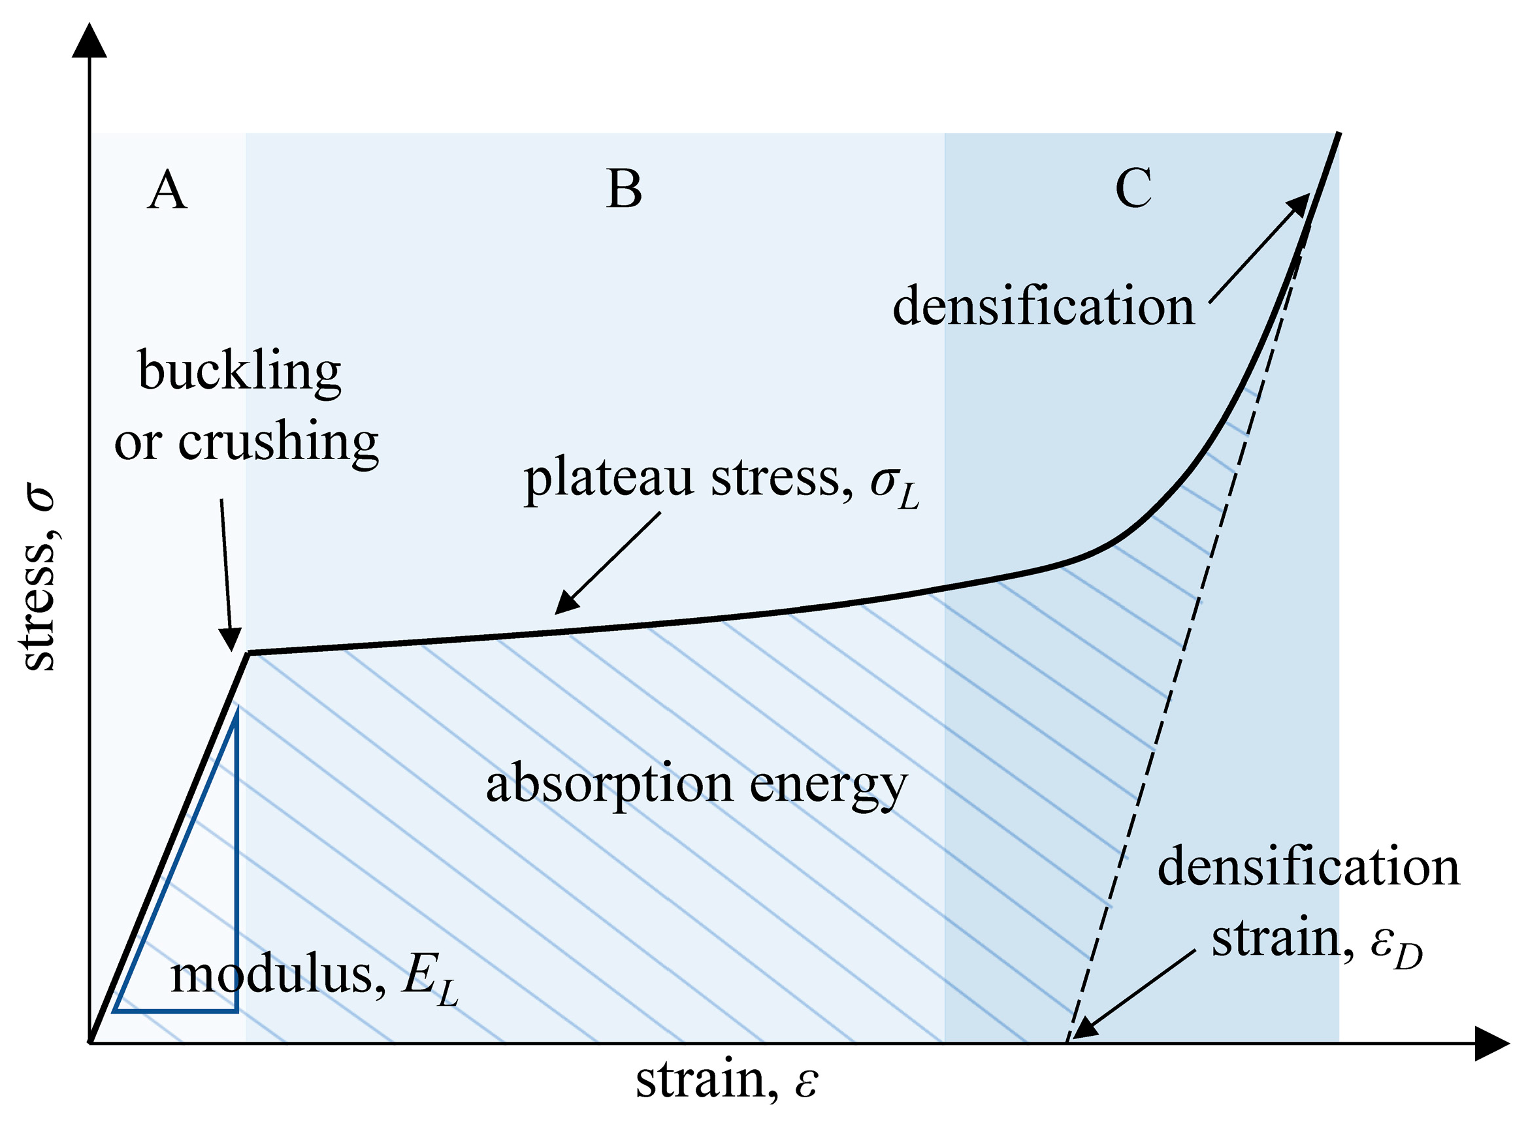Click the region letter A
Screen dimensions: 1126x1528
coord(167,190)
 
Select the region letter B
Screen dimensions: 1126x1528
coord(623,189)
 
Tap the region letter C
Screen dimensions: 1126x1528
coord(1133,188)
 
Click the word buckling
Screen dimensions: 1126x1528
coord(239,372)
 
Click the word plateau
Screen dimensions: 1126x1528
coord(608,479)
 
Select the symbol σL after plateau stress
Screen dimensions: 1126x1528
coord(894,485)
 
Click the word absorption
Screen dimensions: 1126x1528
coord(608,786)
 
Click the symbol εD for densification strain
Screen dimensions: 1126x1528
coord(1396,947)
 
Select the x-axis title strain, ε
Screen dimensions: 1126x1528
coord(726,1080)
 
